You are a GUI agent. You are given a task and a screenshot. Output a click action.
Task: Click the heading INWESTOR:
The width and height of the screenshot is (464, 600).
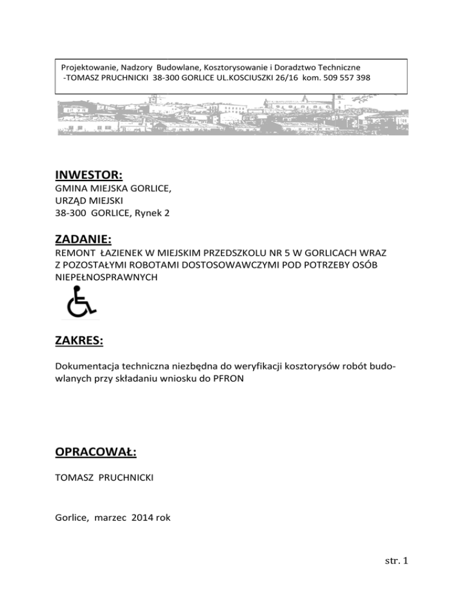89,176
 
